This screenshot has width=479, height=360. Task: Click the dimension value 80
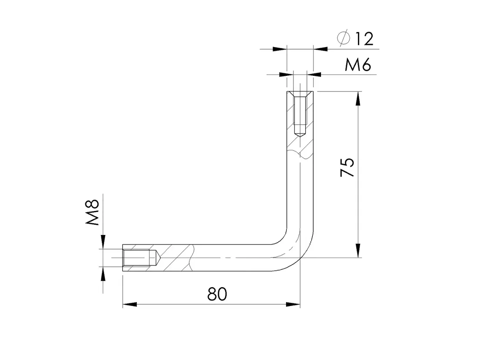point(217,294)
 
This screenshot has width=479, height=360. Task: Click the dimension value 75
point(347,167)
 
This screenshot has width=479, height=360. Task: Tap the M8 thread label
point(93,212)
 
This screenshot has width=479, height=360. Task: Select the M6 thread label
point(358,65)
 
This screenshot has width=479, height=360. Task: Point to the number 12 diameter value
point(364,39)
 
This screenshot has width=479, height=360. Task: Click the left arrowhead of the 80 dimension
point(129,304)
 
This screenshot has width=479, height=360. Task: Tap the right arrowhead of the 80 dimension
point(293,304)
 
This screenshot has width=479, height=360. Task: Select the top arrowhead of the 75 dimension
point(358,98)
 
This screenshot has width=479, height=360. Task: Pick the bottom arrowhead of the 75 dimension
point(358,251)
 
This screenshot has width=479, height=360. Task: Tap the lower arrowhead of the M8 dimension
point(103,274)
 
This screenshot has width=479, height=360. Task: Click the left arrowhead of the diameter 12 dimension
point(280,49)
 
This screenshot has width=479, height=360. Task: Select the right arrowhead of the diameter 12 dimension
point(320,49)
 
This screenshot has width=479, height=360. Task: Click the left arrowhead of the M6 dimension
point(286,74)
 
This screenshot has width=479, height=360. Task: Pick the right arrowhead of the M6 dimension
point(314,74)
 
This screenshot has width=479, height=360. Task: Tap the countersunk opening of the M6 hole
point(300,94)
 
